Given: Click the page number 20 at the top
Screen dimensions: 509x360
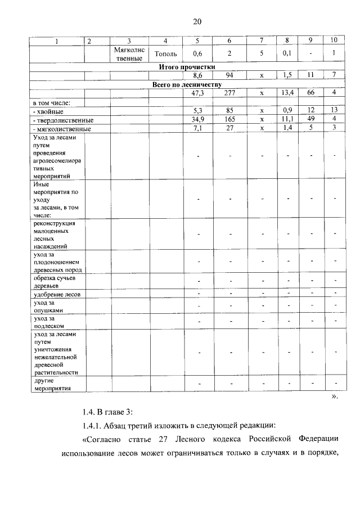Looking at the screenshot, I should [197, 21].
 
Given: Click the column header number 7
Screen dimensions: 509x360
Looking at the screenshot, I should [262, 41].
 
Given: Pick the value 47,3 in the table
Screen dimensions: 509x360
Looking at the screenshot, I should [197, 93].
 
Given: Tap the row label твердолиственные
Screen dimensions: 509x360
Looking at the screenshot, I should [62, 120].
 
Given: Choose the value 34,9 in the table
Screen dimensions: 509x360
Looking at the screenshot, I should [197, 120].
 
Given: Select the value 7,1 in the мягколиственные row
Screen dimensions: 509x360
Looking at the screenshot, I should [197, 129].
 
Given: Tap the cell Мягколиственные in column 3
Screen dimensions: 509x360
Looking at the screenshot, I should [129, 54].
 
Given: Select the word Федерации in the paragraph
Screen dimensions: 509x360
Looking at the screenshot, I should [316, 439].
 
